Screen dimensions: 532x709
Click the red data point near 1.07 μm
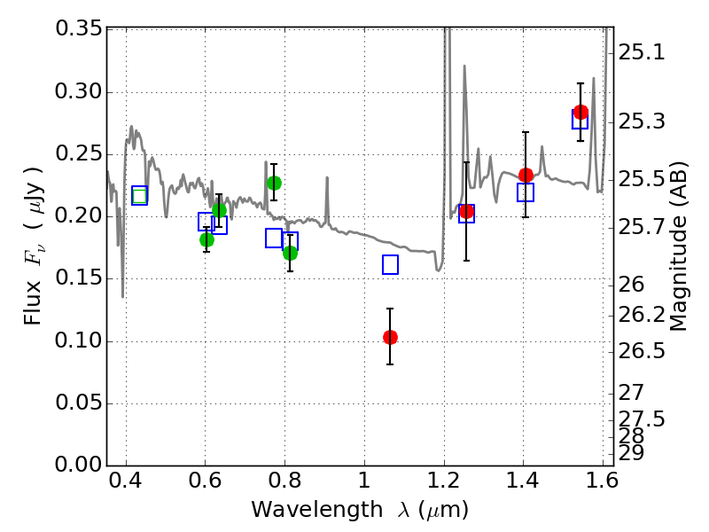pos(390,337)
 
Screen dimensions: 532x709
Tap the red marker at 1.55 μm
pos(580,112)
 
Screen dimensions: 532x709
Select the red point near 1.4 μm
pos(526,175)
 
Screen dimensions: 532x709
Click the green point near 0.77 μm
pos(274,183)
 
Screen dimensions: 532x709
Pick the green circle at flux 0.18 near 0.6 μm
pos(206,239)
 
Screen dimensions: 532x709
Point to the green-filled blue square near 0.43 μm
pos(139,196)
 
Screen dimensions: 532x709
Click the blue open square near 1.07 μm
pos(390,264)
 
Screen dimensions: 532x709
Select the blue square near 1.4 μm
pos(526,192)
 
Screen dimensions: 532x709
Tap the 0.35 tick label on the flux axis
pos(78,28)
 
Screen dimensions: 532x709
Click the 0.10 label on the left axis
pos(78,341)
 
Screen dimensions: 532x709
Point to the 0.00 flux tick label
pos(78,465)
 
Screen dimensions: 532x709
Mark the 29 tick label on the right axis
pos(633,453)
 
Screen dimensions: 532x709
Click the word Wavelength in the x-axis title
pos(302,510)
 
